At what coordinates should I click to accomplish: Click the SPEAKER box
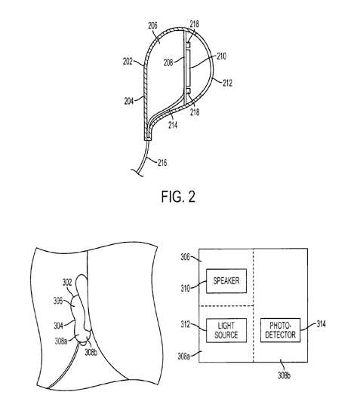(226, 281)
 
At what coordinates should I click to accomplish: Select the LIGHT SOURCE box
(226, 330)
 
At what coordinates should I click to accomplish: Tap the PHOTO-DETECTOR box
(280, 330)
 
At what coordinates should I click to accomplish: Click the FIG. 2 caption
(178, 197)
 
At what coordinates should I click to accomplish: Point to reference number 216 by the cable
(162, 163)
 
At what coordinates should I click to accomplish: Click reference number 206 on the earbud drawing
(152, 26)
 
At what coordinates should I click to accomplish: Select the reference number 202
(128, 61)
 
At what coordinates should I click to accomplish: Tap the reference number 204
(129, 101)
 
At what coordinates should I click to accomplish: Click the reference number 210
(221, 57)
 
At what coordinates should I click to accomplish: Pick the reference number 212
(227, 83)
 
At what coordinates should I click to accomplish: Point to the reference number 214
(173, 125)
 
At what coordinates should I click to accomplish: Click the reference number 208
(168, 63)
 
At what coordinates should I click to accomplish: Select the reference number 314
(321, 324)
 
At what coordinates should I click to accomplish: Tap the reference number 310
(186, 289)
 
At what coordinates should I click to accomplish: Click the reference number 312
(186, 324)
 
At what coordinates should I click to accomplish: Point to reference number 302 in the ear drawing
(67, 282)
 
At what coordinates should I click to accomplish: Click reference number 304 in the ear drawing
(58, 326)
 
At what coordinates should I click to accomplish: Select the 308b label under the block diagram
(284, 375)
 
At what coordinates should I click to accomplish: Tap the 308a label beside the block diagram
(183, 357)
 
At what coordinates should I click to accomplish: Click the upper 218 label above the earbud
(195, 24)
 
